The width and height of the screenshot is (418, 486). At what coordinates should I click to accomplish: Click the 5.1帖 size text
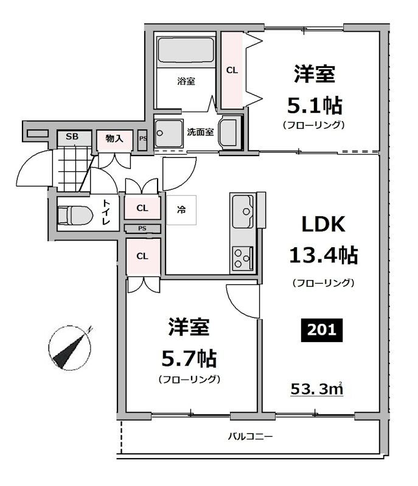tap(314, 106)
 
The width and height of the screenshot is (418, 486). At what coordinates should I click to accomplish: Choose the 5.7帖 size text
tap(189, 358)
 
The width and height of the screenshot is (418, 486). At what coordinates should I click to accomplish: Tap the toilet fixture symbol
tap(74, 214)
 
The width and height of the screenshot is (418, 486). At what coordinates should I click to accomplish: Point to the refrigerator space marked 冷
tap(181, 210)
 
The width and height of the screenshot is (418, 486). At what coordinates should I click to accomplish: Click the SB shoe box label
tap(72, 137)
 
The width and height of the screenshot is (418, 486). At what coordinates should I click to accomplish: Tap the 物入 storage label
tap(114, 139)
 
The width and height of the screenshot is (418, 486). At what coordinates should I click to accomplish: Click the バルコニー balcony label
tap(251, 436)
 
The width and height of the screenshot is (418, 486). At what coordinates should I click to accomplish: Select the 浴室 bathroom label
tap(186, 81)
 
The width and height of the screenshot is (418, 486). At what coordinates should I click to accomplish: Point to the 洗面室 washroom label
tap(200, 131)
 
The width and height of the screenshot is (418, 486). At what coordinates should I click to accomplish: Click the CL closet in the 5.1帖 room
tap(232, 70)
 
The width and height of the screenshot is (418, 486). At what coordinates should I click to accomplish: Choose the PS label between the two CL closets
tap(142, 229)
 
